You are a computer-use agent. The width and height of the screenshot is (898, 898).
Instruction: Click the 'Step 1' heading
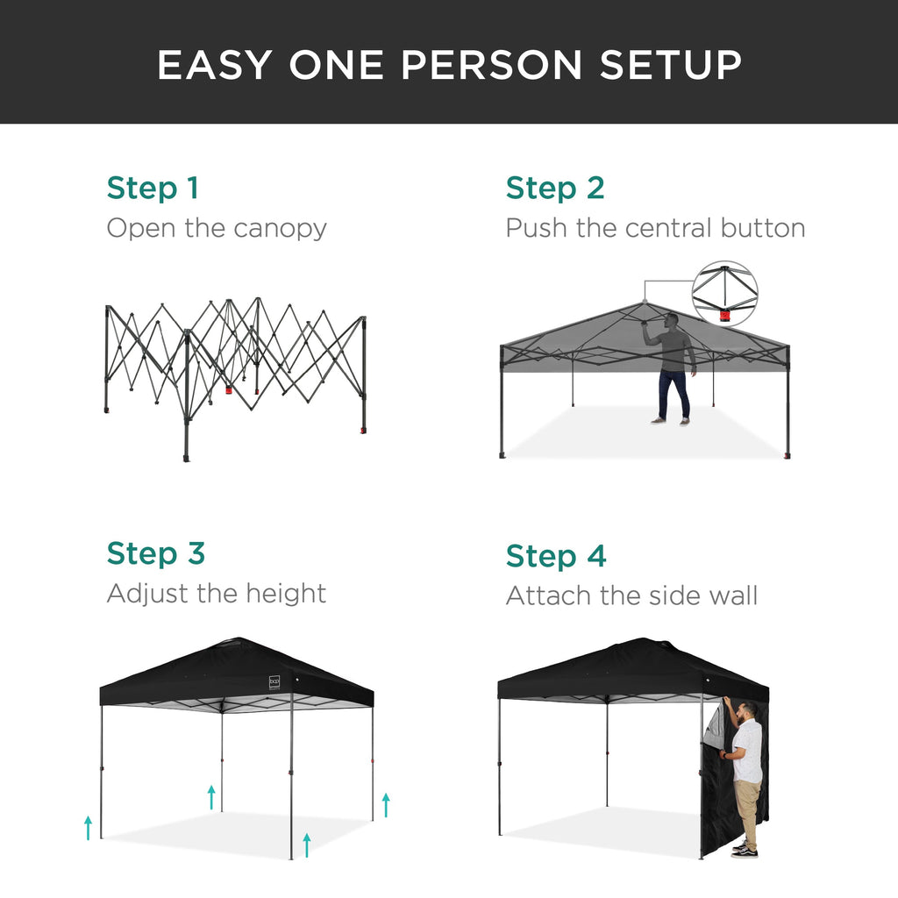tap(153, 188)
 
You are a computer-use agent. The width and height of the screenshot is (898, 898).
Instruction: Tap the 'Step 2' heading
tap(555, 188)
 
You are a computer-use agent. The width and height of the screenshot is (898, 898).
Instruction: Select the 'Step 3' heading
tap(155, 553)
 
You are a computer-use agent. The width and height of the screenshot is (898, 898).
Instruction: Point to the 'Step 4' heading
tap(556, 556)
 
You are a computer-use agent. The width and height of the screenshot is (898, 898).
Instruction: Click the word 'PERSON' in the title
tap(436, 66)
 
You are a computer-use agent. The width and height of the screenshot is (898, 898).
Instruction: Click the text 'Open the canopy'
tap(217, 228)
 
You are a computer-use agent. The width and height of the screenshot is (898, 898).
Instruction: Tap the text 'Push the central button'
tap(655, 228)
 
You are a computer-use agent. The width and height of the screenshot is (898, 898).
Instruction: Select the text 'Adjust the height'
tap(216, 594)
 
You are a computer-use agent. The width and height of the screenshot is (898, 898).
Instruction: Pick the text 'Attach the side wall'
tap(631, 596)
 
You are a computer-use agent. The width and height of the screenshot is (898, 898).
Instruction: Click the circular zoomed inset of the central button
tap(724, 294)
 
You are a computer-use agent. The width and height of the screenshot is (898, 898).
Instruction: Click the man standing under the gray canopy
tap(673, 368)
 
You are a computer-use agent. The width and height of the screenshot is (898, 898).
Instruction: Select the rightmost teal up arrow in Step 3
tap(385, 804)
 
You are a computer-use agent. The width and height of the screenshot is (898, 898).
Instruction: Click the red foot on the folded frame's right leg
tap(363, 431)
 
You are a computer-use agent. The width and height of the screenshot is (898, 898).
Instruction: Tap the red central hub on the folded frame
tap(230, 389)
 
